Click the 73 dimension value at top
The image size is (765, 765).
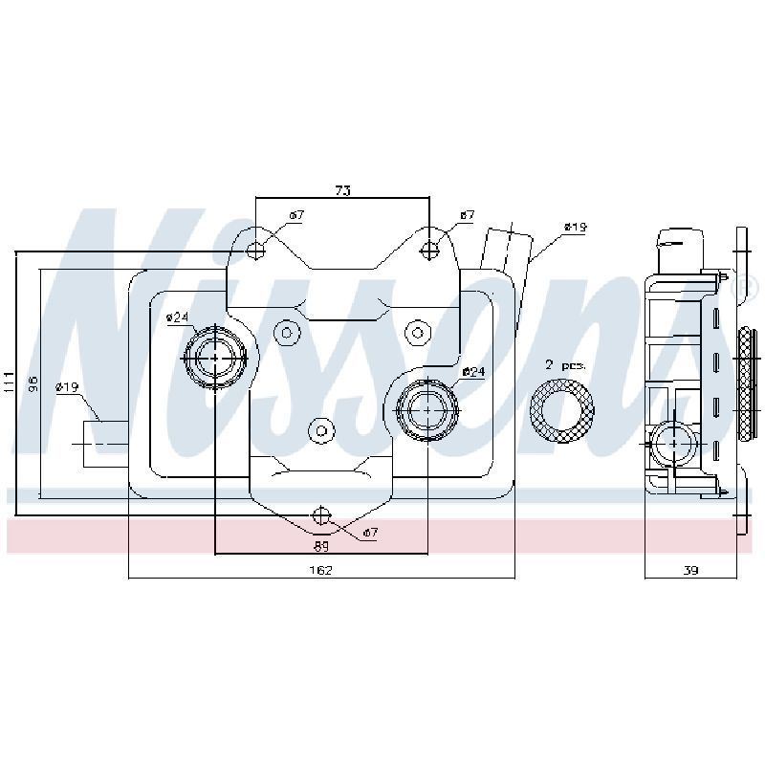coord(343,190)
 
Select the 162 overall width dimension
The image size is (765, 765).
coord(321,570)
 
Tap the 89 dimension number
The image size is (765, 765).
coord(321,546)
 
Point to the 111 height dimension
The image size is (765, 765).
coord(10,383)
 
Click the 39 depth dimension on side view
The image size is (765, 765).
coord(690,570)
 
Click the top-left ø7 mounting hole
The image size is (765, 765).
coord(255,251)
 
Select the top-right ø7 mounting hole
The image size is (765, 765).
coord(429,251)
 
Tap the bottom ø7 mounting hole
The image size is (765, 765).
coord(321,515)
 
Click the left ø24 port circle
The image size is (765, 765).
coord(215,358)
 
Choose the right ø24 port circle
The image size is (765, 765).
coord(427,410)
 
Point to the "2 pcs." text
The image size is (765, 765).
coord(565,365)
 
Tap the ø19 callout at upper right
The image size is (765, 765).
coord(576,227)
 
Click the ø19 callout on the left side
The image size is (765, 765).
coord(67,387)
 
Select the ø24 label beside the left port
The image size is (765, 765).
coord(177,317)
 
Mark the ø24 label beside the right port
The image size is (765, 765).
coord(473,372)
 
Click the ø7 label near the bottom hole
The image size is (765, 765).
coord(370,533)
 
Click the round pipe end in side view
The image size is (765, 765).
coord(674,444)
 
